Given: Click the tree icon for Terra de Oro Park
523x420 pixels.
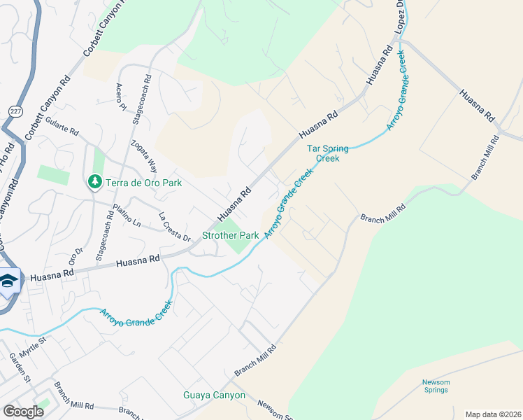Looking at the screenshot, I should (94, 182).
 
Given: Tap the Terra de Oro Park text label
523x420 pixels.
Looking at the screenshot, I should (143, 183).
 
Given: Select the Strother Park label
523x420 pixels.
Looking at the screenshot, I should (231, 236).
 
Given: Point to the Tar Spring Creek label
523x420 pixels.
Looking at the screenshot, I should (323, 153).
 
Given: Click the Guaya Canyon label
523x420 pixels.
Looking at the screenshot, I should (215, 395).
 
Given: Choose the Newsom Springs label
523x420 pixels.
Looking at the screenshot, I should (437, 386).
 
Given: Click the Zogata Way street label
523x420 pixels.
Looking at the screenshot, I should (144, 155).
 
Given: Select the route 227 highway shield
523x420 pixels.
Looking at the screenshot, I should (15, 111).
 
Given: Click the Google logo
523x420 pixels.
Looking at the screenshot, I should (24, 412).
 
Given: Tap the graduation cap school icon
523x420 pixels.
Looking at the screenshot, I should (8, 281).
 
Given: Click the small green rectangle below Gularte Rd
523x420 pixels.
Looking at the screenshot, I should (53, 175).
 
